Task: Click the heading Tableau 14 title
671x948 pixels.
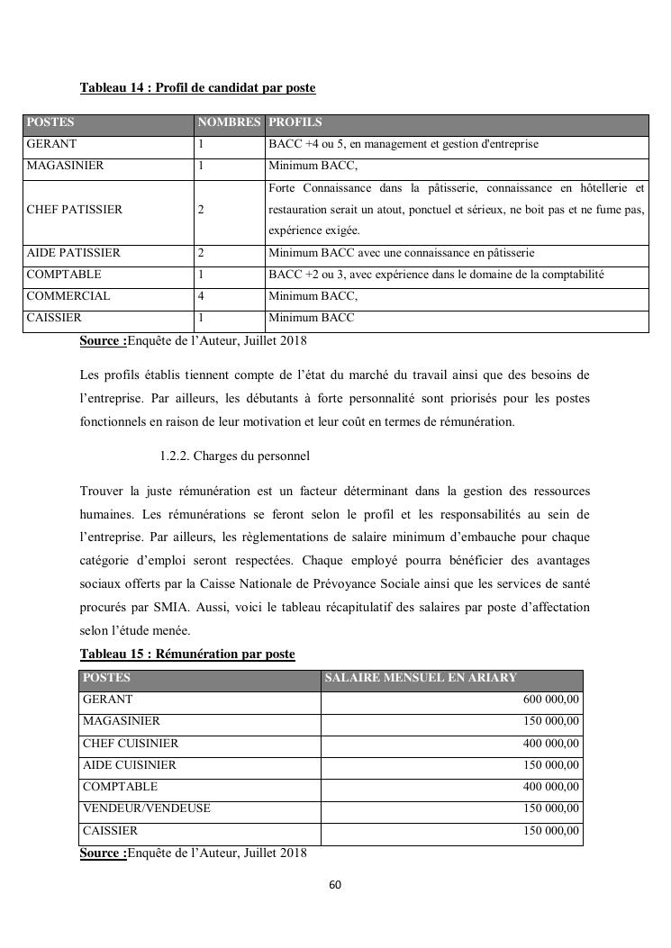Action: (197, 88)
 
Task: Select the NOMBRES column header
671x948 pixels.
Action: (229, 122)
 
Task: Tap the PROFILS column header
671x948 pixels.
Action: (295, 122)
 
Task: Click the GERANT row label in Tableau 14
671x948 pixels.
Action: (51, 144)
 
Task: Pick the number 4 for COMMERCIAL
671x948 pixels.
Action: (200, 296)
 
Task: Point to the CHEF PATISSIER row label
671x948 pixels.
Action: (74, 210)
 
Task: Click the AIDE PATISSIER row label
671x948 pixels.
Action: (73, 253)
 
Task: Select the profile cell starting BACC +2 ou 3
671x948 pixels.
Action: (436, 275)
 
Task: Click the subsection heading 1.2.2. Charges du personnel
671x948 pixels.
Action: (234, 456)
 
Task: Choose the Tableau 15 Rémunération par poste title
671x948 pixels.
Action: (187, 654)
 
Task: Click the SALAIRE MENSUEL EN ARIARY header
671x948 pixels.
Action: (421, 678)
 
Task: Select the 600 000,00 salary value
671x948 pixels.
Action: (551, 700)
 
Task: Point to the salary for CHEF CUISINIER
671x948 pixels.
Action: (551, 744)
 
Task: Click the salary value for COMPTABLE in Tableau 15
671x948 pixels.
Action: (551, 787)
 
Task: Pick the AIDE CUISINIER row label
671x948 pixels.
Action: (129, 765)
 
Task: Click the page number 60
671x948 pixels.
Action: (335, 885)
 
